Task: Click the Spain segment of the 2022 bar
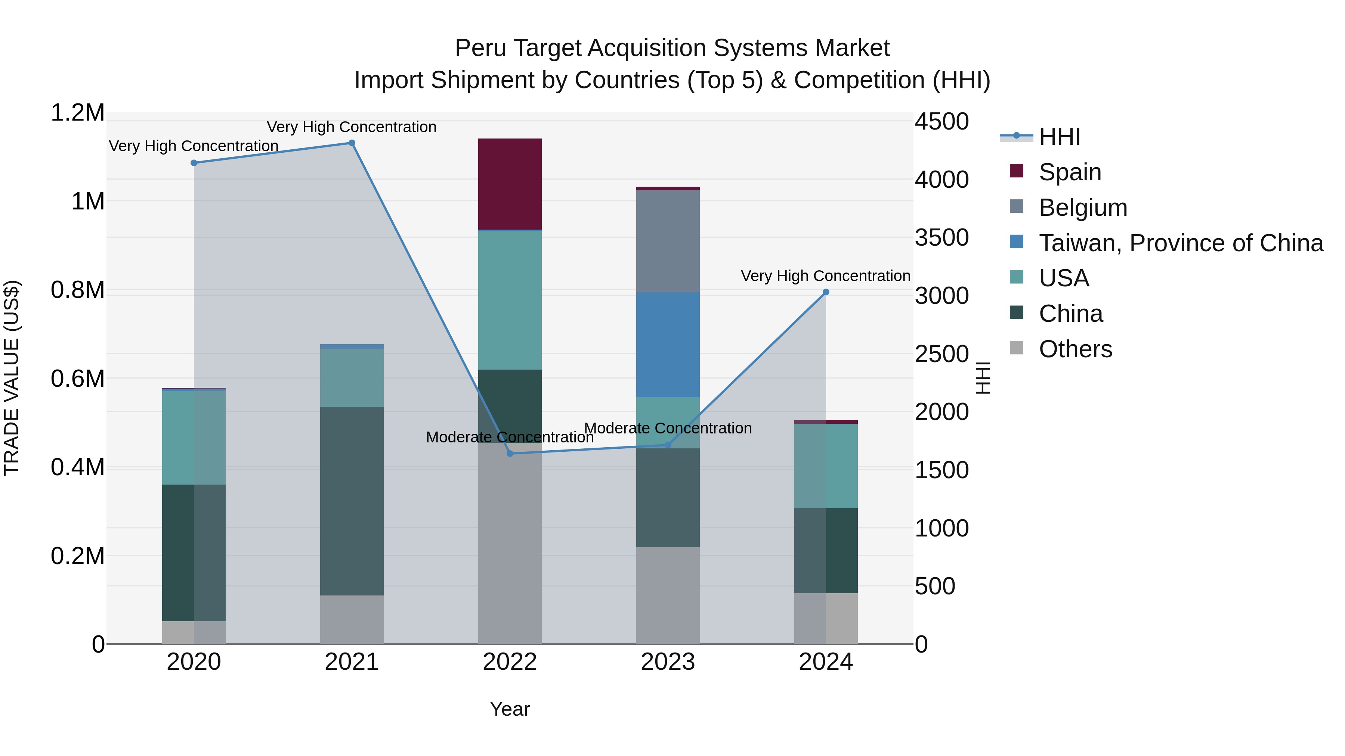coord(510,184)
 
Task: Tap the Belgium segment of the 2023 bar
coord(667,241)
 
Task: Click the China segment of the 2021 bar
coord(352,501)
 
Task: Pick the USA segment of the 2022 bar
coord(510,300)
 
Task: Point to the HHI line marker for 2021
coord(352,143)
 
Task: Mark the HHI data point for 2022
coord(510,453)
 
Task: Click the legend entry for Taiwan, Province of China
coord(1180,243)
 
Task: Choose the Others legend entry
coord(1075,349)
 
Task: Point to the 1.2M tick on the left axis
coord(77,113)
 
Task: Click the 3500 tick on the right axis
coord(941,237)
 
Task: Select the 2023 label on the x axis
coord(667,662)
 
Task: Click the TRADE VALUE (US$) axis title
coord(12,378)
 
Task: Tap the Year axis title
coord(510,709)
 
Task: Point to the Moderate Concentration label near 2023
coord(667,428)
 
